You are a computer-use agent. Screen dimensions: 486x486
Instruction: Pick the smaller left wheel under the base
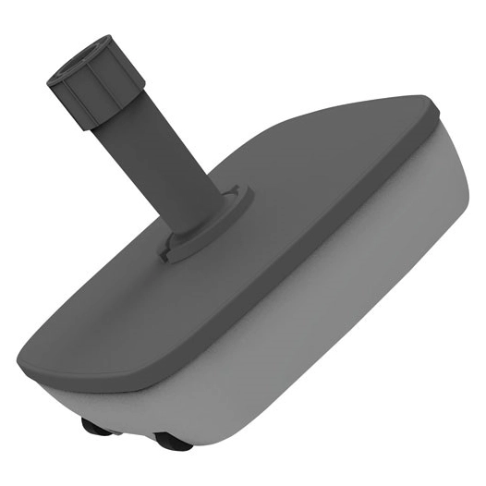[91, 427]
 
